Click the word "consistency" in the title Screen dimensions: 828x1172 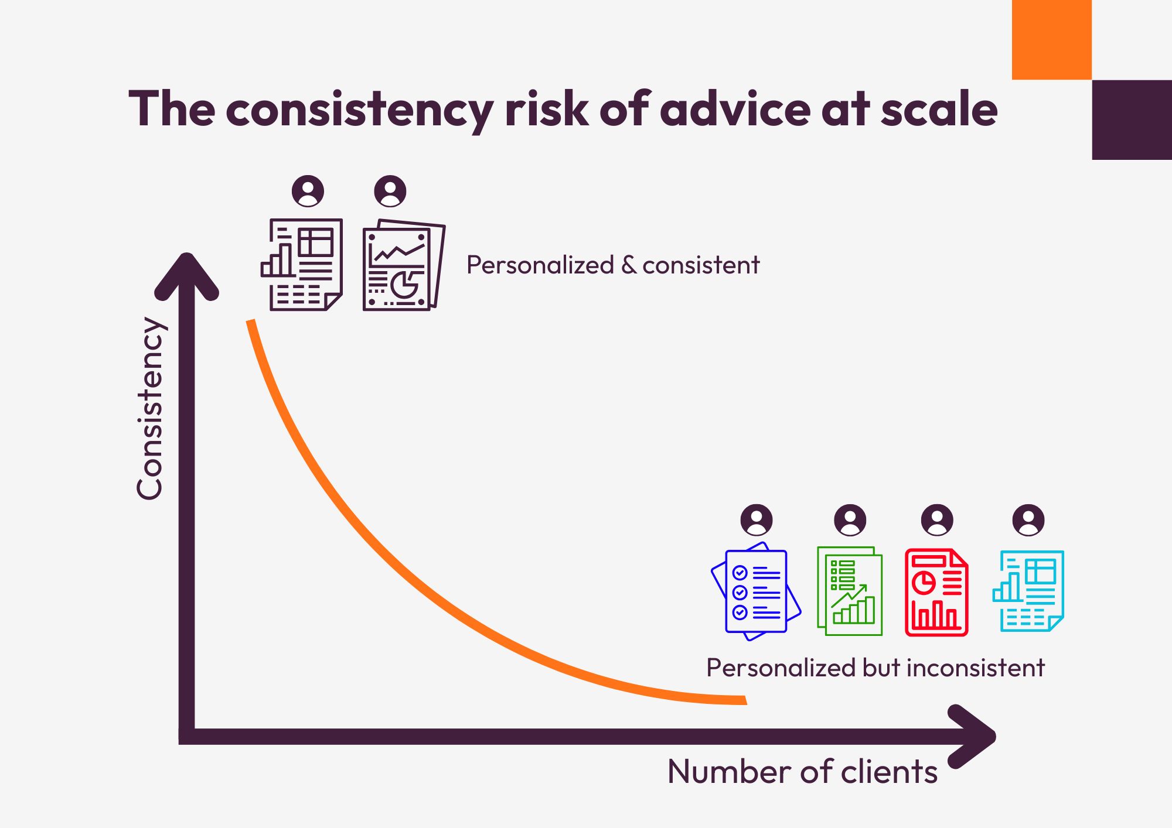pyautogui.click(x=360, y=110)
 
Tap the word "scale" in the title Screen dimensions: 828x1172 pyautogui.click(x=939, y=110)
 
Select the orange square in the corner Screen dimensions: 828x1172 pyautogui.click(x=1051, y=39)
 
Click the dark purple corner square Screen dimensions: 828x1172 pyautogui.click(x=1132, y=119)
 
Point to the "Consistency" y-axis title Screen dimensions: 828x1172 pyautogui.click(x=149, y=408)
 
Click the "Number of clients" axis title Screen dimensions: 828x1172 pyautogui.click(x=802, y=771)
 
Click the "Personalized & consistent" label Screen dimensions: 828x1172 pyautogui.click(x=613, y=265)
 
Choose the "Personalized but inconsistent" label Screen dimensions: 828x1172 pyautogui.click(x=875, y=668)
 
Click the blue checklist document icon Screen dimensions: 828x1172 pyautogui.click(x=756, y=591)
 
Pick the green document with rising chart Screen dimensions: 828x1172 pyautogui.click(x=850, y=591)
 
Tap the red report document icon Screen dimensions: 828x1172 pyautogui.click(x=936, y=593)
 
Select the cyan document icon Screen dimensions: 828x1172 pyautogui.click(x=1028, y=591)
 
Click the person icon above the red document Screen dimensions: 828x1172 pyautogui.click(x=937, y=520)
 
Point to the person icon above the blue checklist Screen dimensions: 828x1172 pyautogui.click(x=757, y=520)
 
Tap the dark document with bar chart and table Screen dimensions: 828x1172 pyautogui.click(x=302, y=265)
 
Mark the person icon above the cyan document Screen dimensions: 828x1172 pyautogui.click(x=1028, y=520)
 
